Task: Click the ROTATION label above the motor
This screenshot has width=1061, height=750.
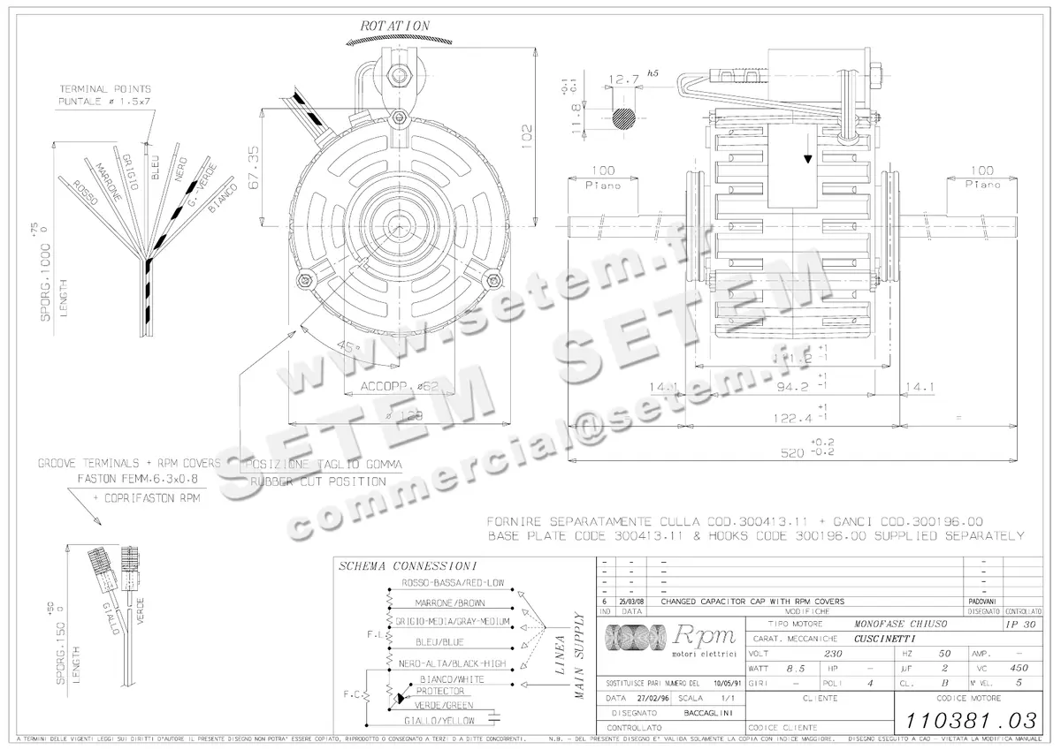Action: coord(394,27)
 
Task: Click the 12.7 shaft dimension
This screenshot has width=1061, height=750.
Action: coord(624,80)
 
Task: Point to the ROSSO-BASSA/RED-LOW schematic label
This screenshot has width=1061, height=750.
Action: coord(453,583)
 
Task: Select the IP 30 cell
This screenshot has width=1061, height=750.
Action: coord(1021,624)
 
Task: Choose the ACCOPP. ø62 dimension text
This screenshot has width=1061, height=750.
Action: coord(401,386)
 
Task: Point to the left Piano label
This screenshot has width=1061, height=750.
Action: coord(603,186)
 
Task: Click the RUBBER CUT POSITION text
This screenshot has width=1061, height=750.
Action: coord(317,481)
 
